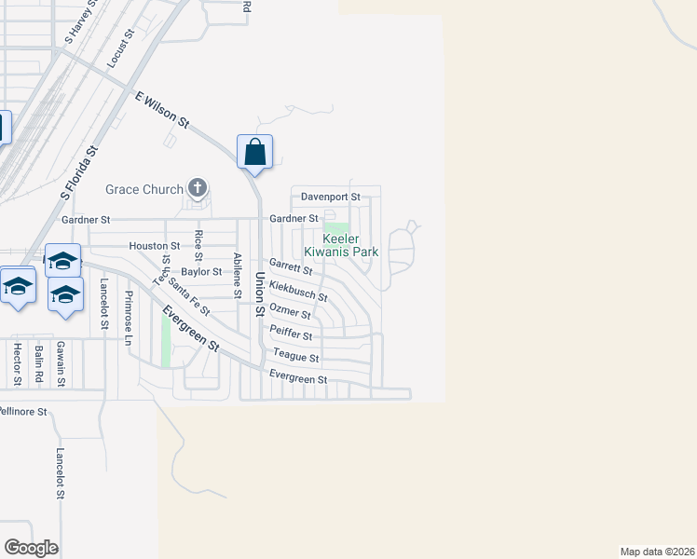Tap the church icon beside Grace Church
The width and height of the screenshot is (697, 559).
(197, 189)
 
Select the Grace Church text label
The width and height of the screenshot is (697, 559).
(144, 190)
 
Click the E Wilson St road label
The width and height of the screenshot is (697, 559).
(162, 110)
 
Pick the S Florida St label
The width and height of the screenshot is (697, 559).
(79, 173)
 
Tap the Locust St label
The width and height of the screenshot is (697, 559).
(122, 48)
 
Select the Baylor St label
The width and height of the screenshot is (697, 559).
(201, 272)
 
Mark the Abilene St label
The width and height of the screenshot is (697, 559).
(238, 276)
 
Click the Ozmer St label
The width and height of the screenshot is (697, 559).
(289, 312)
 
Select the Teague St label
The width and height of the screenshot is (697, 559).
(296, 357)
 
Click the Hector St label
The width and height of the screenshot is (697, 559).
(17, 363)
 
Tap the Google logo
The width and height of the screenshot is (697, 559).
(31, 548)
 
